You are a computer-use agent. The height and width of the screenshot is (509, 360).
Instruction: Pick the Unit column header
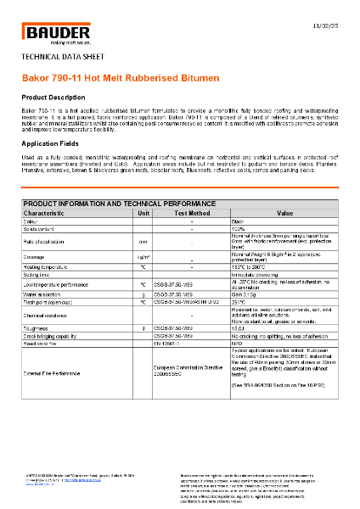point(143,213)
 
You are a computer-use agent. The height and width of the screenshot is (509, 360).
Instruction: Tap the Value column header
point(284,213)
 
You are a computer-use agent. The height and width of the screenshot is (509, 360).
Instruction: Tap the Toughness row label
point(37,327)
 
